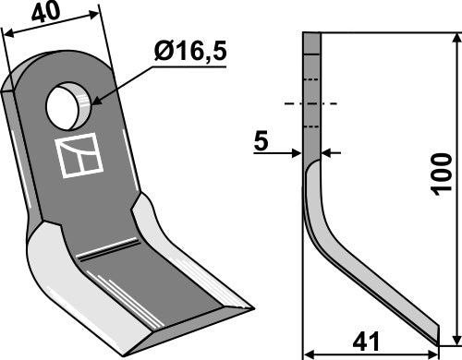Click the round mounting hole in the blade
tap(70, 105)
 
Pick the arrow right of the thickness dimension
tap(325, 152)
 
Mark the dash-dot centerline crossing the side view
tap(311, 102)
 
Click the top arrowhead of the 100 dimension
tap(454, 37)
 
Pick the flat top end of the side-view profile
tap(311, 32)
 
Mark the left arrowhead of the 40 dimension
tap(7, 34)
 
